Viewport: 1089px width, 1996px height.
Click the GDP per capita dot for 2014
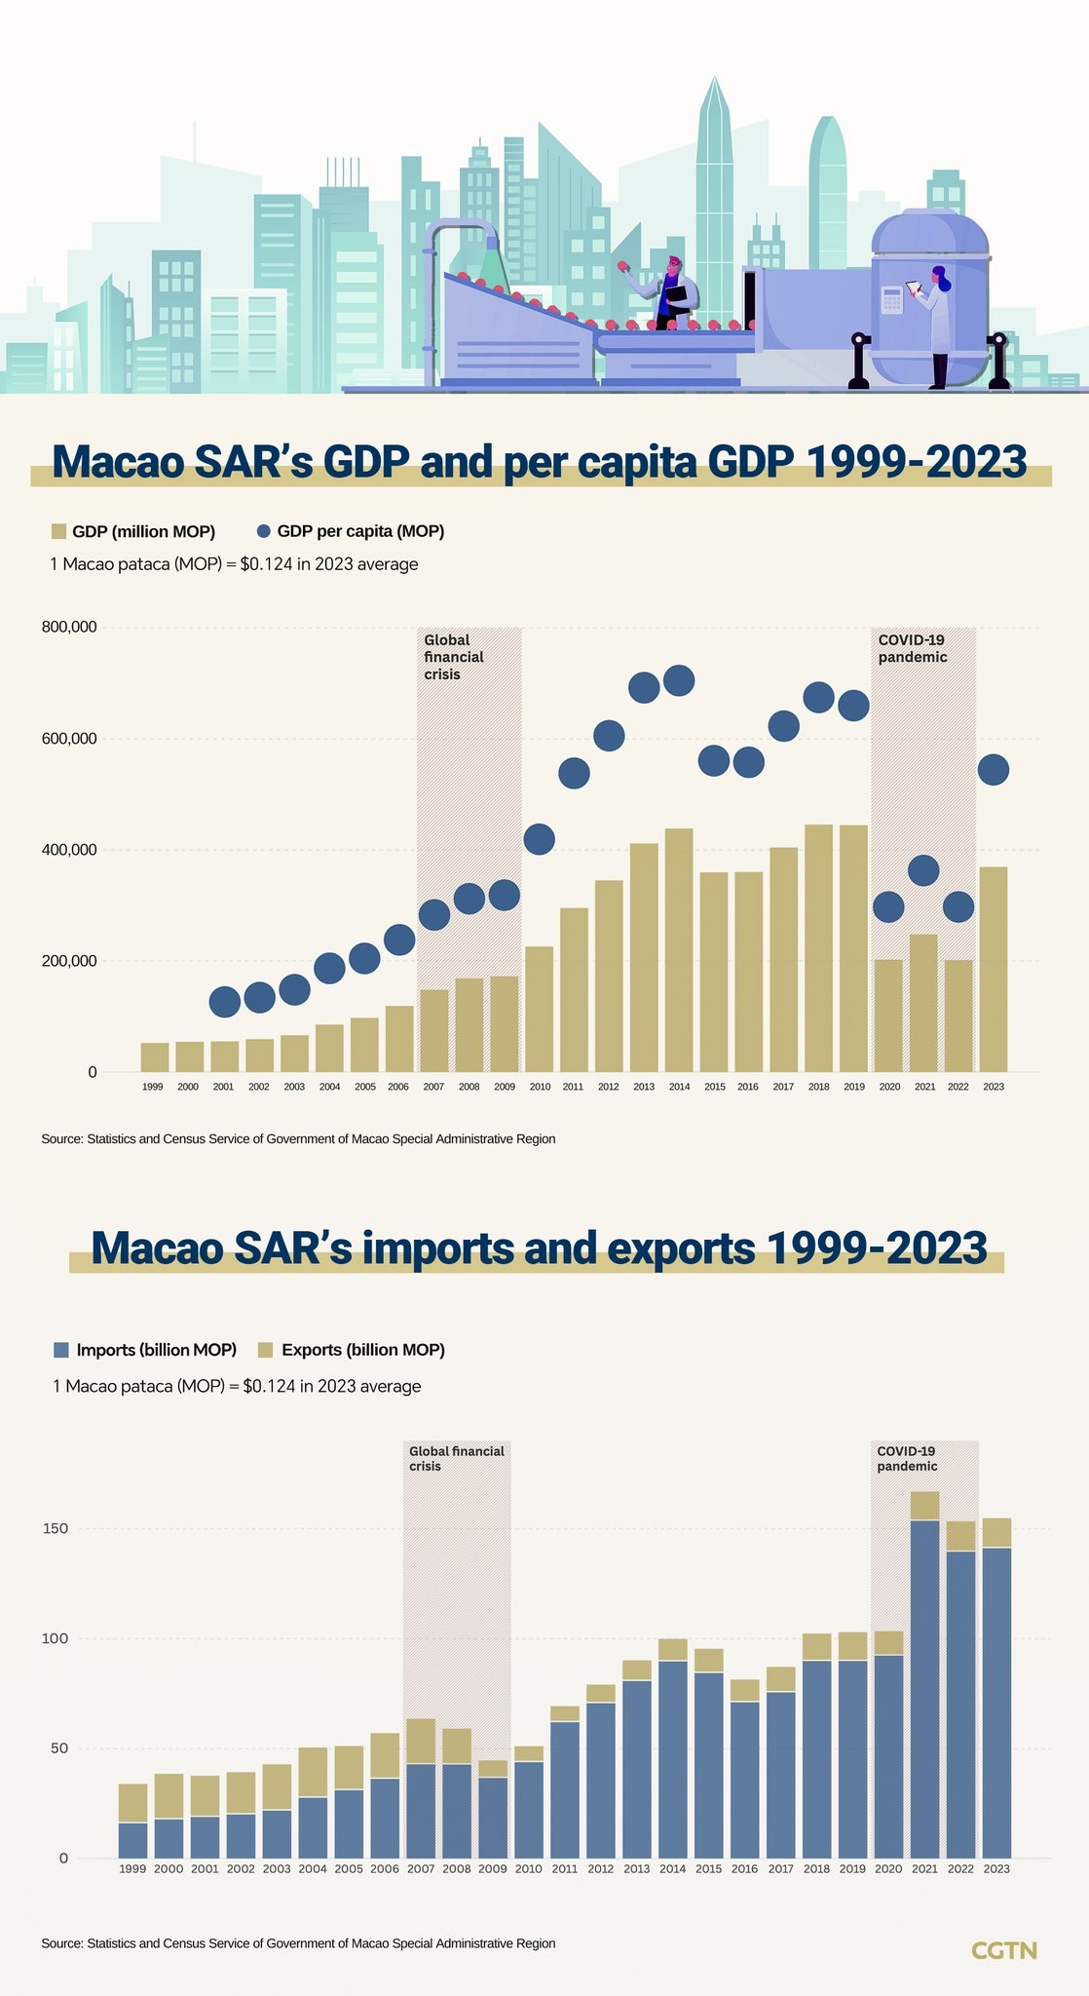678,680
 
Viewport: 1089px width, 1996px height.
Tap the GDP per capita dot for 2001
224,1001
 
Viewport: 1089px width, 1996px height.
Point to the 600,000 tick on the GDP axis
69,739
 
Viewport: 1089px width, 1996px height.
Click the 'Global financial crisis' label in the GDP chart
454,657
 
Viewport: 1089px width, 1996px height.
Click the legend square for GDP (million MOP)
58,531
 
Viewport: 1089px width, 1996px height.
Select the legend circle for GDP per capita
263,531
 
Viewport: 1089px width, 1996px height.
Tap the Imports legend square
61,1350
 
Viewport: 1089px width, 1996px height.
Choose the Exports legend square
265,1350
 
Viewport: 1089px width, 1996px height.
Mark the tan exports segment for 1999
132,1803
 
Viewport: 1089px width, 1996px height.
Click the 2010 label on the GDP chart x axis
540,1087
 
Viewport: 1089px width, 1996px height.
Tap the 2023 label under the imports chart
996,1869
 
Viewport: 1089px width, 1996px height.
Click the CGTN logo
1004,1950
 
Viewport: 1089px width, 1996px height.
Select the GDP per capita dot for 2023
993,770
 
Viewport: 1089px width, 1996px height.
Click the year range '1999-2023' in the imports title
878,1247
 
